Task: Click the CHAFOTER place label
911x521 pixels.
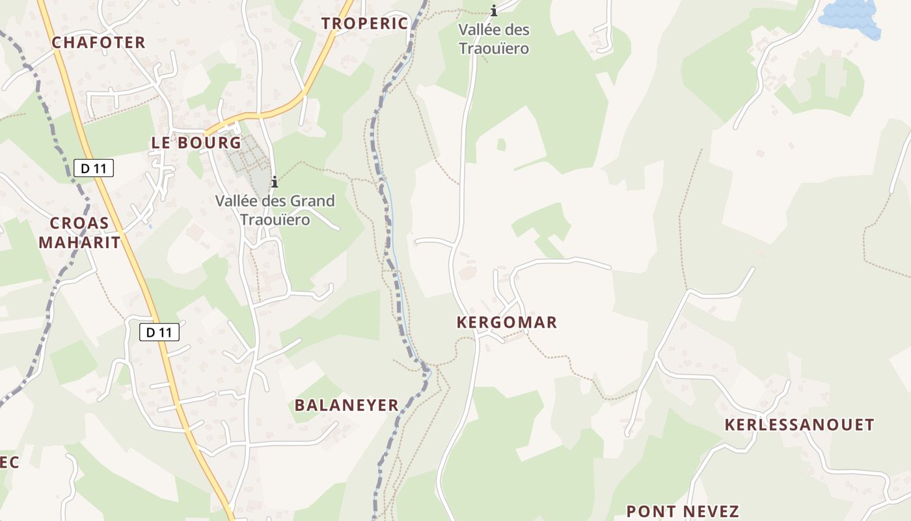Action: pos(98,43)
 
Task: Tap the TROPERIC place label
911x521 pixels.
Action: pos(364,23)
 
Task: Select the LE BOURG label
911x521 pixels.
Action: pos(196,143)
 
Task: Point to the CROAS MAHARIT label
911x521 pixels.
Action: pos(79,232)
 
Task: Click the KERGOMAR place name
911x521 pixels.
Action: pos(507,322)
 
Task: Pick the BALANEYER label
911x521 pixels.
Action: pos(346,405)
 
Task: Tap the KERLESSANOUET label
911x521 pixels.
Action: pos(799,425)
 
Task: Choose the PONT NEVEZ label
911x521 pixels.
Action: pos(683,511)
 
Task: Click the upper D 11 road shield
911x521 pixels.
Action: pos(94,168)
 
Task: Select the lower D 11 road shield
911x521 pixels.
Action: pos(159,332)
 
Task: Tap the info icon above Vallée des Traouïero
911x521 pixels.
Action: pos(494,10)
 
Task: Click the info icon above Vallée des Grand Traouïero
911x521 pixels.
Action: pos(275,182)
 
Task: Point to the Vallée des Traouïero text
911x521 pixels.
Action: pos(494,39)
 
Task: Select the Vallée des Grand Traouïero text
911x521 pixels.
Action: pos(275,210)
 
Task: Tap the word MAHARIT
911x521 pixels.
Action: pos(79,242)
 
